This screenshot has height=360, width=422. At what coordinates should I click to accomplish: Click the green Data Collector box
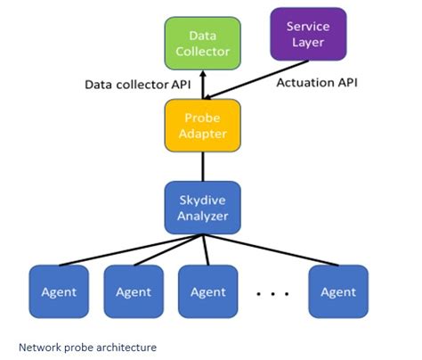pos(202,43)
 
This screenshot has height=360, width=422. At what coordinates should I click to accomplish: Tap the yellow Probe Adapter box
pos(203,125)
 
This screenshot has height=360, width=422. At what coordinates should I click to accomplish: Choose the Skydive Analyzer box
pos(203,207)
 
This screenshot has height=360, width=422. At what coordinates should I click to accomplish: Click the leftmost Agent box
pos(59,291)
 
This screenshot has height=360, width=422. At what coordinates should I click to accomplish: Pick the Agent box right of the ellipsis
pos(338,291)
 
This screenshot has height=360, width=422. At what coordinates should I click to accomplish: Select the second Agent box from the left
pos(134,291)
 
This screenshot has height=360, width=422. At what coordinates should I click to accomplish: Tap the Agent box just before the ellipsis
pos(208,291)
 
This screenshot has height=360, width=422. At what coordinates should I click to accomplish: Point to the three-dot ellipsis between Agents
pos(272,291)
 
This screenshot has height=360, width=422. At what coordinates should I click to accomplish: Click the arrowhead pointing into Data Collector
pos(203,73)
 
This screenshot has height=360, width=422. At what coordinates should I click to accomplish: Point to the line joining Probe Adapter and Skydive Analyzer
pos(203,166)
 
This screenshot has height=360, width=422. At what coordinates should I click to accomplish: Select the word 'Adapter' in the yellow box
pos(203,133)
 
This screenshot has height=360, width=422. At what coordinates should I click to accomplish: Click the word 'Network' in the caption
pos(38,346)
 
